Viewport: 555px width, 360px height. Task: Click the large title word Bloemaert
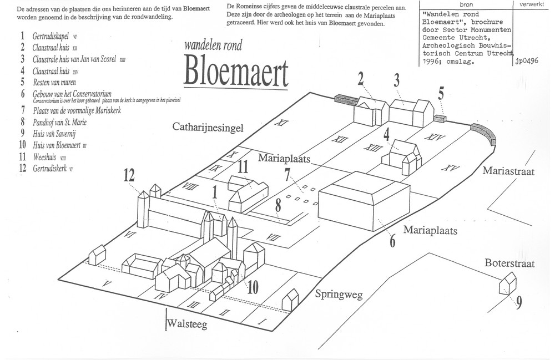coord(234,73)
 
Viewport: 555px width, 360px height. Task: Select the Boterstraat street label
coord(508,263)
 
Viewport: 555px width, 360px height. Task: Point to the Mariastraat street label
coord(508,172)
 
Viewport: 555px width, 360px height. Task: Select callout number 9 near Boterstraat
coord(518,304)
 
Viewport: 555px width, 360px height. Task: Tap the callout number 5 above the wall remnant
coord(441,93)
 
